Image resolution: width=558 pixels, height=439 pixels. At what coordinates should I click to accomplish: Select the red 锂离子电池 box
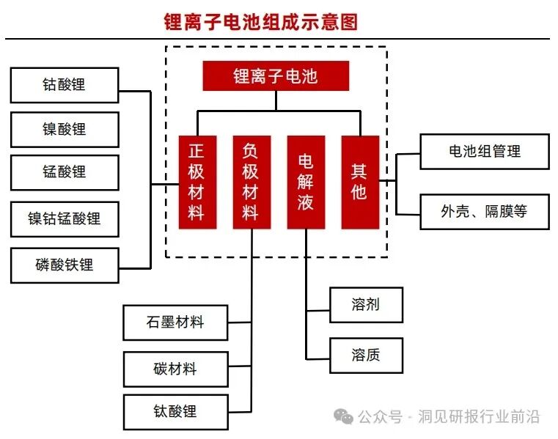coord(276,75)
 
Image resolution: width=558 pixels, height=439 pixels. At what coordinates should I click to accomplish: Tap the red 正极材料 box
coord(197,182)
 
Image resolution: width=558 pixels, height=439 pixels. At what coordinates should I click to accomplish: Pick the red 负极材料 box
coord(252,182)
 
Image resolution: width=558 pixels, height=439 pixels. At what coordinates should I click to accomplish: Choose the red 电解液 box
coord(306,182)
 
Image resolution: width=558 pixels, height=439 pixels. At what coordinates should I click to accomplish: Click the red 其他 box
coord(359,182)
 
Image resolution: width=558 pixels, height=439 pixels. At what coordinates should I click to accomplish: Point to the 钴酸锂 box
coord(65,85)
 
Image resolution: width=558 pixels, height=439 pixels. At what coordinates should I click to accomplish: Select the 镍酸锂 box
coord(65,130)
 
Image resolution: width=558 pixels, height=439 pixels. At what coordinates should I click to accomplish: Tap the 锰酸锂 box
coord(65,173)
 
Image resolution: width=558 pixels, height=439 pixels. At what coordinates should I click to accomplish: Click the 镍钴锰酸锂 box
coord(65,218)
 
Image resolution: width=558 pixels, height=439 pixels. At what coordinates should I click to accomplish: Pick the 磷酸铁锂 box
coord(65,265)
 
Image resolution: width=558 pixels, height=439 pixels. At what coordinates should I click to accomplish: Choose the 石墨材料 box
coord(175,322)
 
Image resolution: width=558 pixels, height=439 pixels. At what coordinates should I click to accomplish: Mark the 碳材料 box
coord(175,369)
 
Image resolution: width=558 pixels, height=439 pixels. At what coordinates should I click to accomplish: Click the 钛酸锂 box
coord(175,411)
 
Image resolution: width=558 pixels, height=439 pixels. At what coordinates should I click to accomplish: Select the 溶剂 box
coord(366,305)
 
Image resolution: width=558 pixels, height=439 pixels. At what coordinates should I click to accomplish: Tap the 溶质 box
coord(366,355)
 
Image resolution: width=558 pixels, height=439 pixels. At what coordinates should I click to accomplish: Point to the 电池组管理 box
coord(485,152)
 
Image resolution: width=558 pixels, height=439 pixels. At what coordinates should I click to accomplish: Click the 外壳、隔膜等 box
coord(485,212)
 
